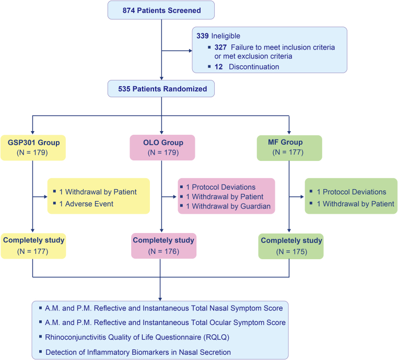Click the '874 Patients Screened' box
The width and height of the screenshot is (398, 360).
[x=161, y=10]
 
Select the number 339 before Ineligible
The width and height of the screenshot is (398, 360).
[x=203, y=36]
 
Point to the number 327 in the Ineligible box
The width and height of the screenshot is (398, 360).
[x=220, y=47]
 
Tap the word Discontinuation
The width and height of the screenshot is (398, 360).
[x=254, y=67]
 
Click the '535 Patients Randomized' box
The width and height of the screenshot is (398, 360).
[x=161, y=89]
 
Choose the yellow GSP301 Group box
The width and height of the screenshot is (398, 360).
[x=33, y=147]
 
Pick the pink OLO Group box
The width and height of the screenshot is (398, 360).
[x=162, y=147]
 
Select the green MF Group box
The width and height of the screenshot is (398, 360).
[x=289, y=148]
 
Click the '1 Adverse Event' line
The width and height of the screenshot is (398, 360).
[x=86, y=204]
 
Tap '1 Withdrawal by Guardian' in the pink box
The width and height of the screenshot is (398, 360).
[x=228, y=206]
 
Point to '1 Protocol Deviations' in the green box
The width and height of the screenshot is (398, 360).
[x=352, y=192]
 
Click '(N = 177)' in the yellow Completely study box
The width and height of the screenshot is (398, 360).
[x=33, y=251]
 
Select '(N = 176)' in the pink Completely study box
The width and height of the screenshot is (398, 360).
[x=163, y=251]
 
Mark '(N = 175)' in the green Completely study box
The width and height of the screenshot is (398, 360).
[x=291, y=252]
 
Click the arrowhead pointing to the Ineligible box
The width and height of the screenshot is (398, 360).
[x=191, y=51]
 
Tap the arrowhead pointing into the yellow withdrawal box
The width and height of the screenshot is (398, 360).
[x=46, y=196]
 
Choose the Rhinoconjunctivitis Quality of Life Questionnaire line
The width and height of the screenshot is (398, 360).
[x=137, y=337]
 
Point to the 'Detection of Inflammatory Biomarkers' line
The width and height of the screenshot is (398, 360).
[x=138, y=352]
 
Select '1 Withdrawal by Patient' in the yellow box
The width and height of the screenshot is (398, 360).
[x=98, y=192]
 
